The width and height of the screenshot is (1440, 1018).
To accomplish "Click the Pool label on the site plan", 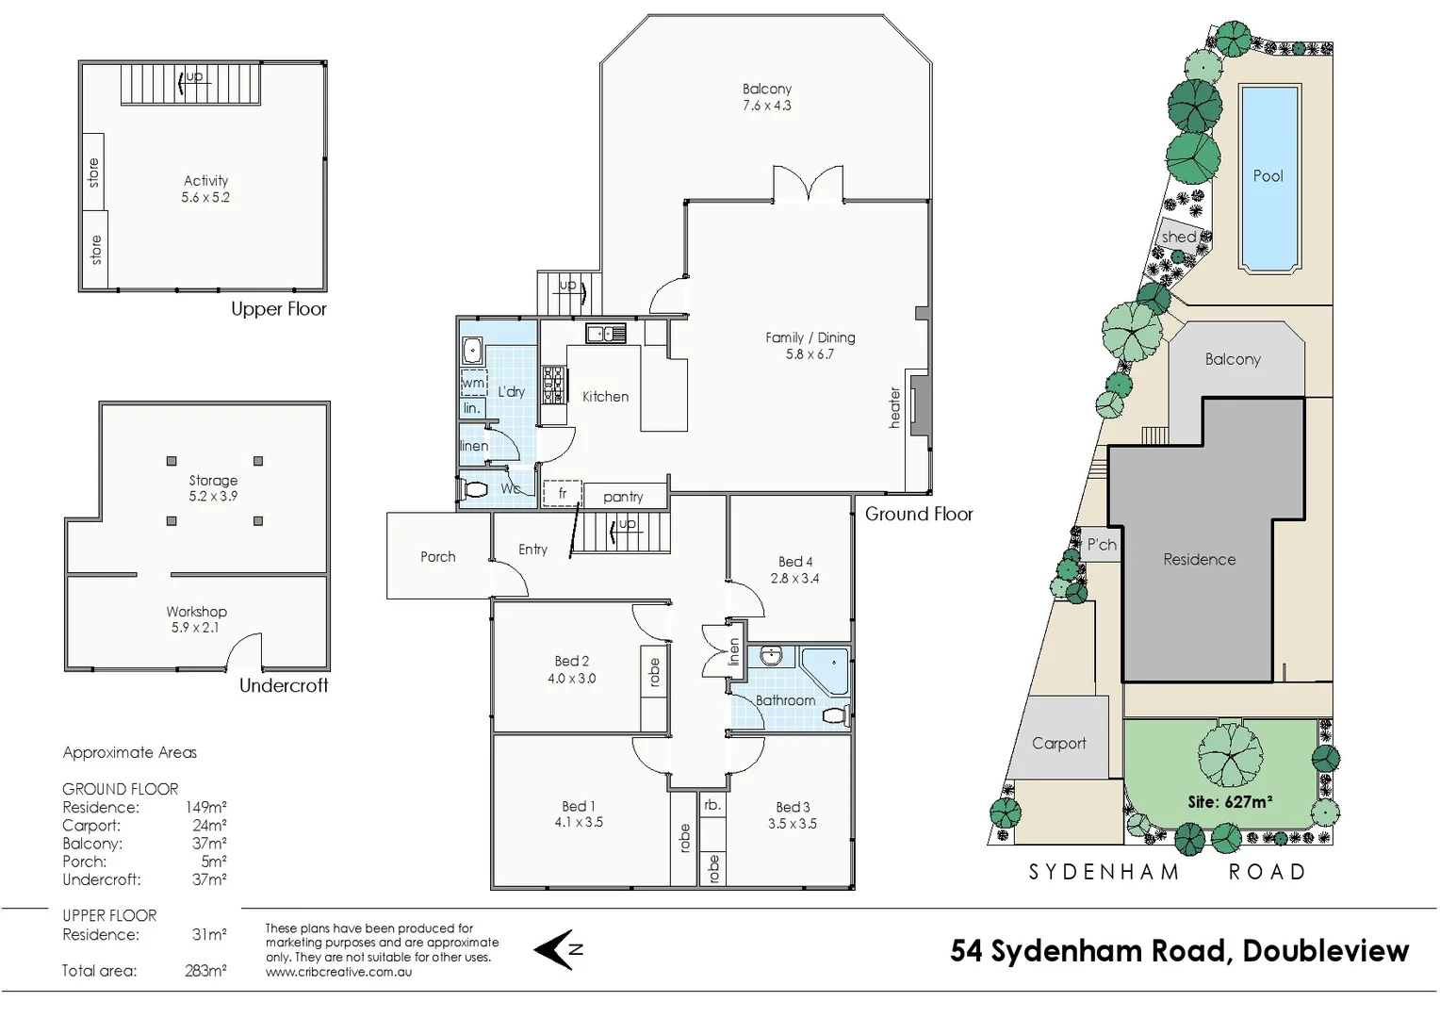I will click(x=1268, y=176).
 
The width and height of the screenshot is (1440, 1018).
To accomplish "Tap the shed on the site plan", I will click(x=1179, y=237).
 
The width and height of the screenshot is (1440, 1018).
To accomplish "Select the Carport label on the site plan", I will click(x=1058, y=744).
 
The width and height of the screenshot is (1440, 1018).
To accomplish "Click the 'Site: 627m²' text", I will click(x=1230, y=802).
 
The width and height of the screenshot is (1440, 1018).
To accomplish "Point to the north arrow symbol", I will click(x=557, y=949).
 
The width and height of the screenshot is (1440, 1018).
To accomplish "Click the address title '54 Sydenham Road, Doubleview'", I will click(x=1179, y=951).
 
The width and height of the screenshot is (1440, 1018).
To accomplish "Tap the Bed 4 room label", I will click(x=794, y=562).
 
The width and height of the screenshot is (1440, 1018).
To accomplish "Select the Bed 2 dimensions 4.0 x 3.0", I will click(x=571, y=679).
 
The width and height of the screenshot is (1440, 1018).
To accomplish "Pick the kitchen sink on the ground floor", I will click(x=606, y=333).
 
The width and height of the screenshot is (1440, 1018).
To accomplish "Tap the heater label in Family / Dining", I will click(x=895, y=407).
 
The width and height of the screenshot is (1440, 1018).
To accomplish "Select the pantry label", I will click(x=623, y=497).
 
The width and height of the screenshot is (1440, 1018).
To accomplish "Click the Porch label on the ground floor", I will click(x=437, y=557).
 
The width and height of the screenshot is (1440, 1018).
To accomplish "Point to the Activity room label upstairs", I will click(x=205, y=181).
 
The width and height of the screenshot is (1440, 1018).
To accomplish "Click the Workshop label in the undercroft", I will click(x=196, y=612).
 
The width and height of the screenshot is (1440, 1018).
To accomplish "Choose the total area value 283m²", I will click(x=205, y=971).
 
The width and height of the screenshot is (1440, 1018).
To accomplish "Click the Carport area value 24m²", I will click(x=209, y=826).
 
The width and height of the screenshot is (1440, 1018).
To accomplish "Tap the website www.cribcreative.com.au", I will click(x=338, y=972).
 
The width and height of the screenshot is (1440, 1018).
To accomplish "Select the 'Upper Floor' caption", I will click(x=279, y=309).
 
